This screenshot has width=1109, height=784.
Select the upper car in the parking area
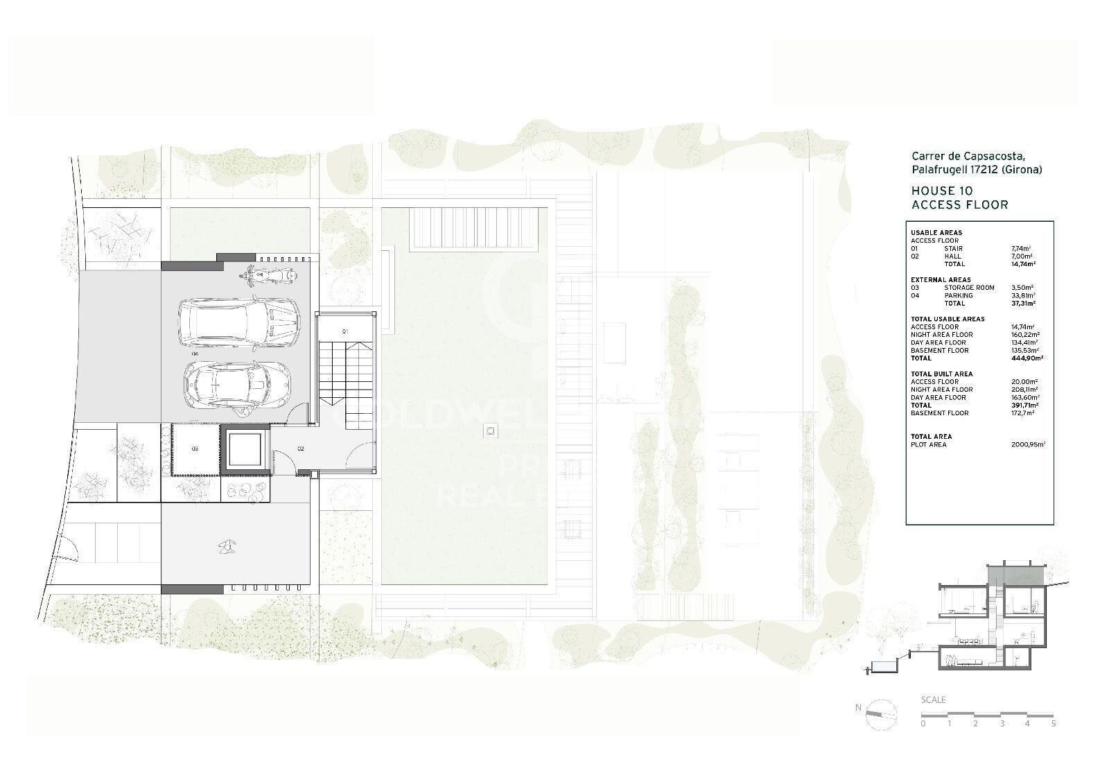pyautogui.click(x=239, y=322)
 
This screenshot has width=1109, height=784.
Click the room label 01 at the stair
pyautogui.click(x=344, y=332)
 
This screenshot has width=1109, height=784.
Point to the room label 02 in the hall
pyautogui.click(x=301, y=448)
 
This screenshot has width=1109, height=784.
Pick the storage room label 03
pyautogui.click(x=195, y=448)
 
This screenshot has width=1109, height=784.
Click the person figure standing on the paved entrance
pyautogui.click(x=225, y=548)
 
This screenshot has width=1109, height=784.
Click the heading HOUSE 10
pyautogui.click(x=941, y=191)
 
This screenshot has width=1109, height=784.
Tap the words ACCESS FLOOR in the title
pyautogui.click(x=959, y=204)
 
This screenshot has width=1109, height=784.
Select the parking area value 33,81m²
pyautogui.click(x=1022, y=295)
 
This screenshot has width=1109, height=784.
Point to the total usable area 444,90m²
pyautogui.click(x=1027, y=358)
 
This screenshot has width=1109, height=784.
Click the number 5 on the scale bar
pyautogui.click(x=1054, y=724)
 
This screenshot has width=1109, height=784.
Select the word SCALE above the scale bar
pyautogui.click(x=933, y=699)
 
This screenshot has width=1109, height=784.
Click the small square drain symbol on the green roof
pyautogui.click(x=491, y=431)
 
